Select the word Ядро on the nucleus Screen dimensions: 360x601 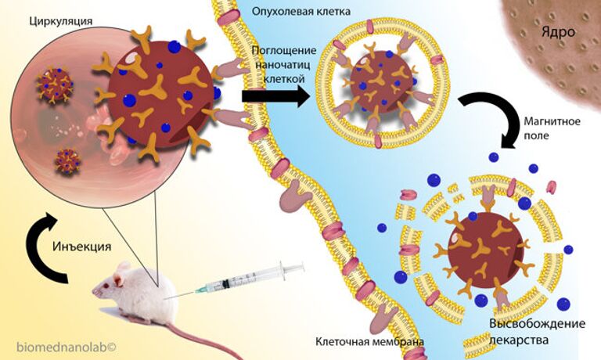point(557,32)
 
